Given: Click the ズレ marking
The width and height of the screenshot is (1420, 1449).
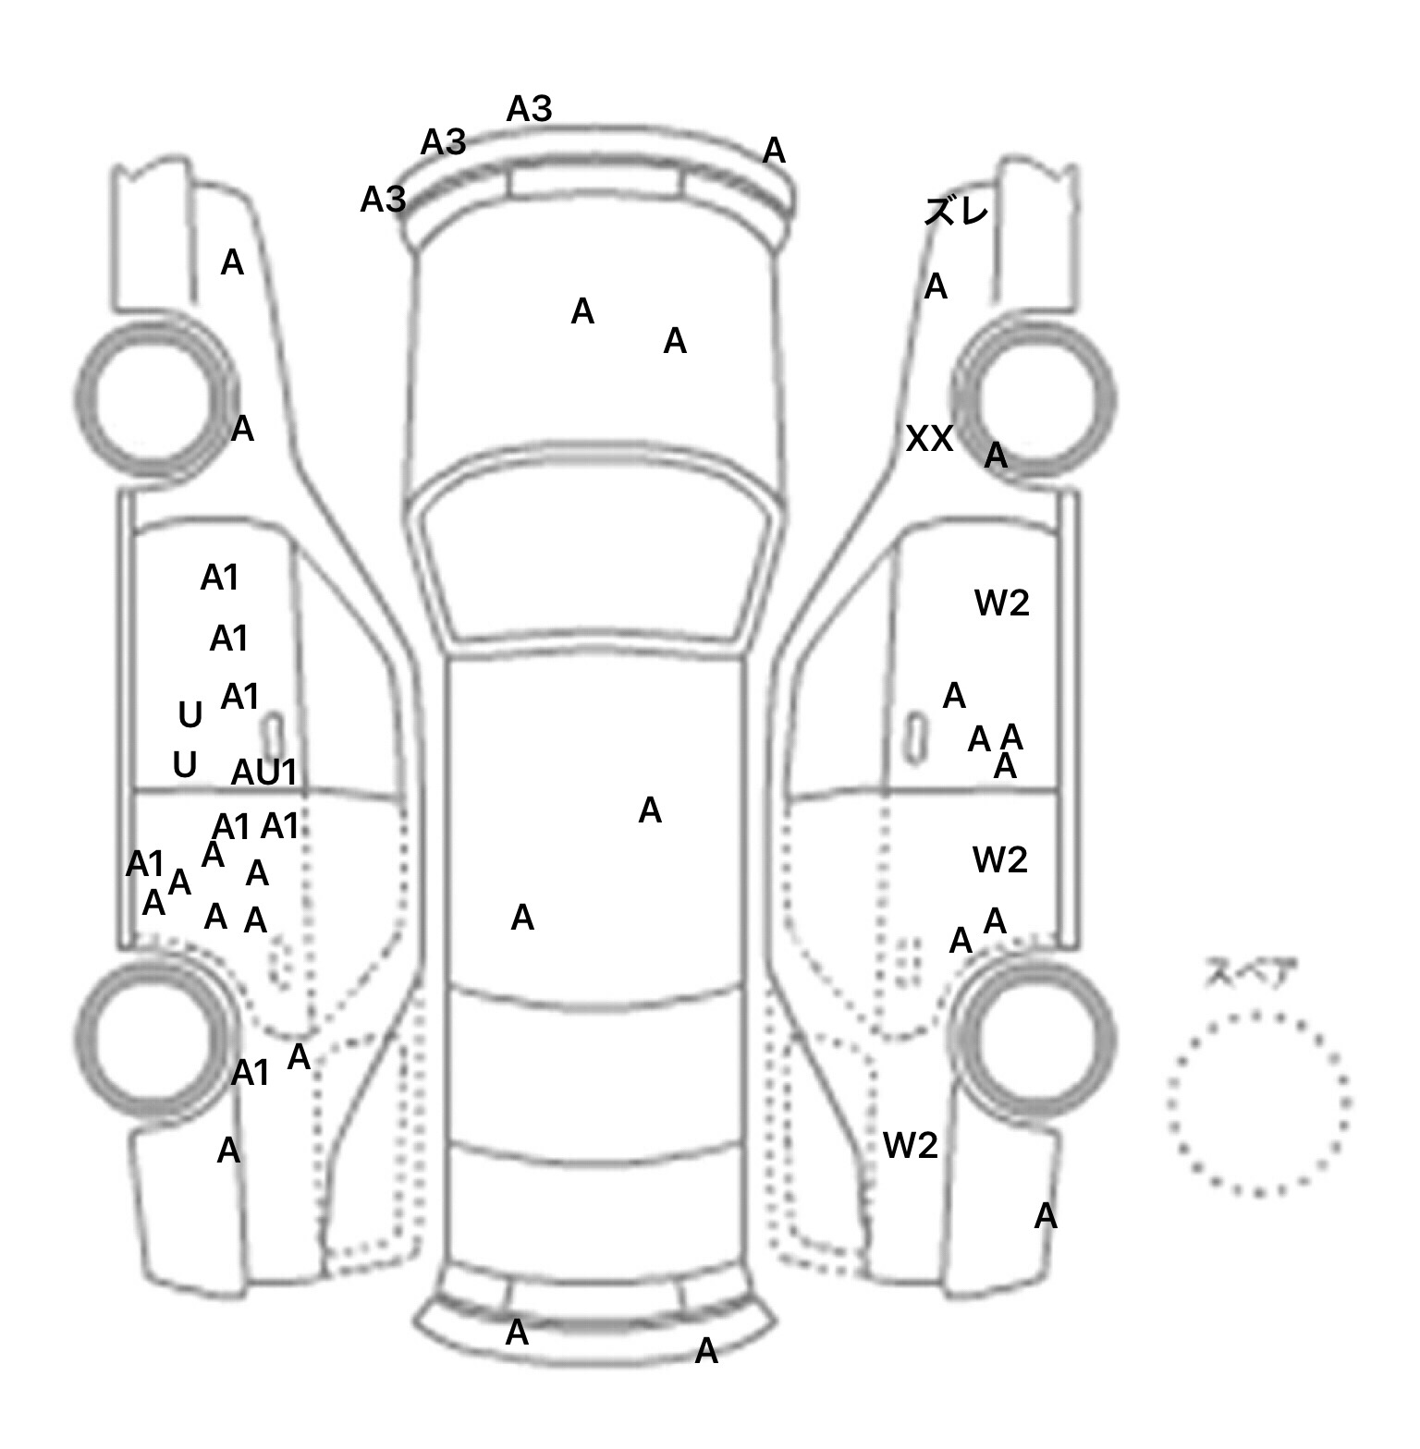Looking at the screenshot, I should point(956,213).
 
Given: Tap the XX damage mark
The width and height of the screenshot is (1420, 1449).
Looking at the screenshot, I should point(929,439).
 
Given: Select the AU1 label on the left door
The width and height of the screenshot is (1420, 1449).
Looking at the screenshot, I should point(264,773).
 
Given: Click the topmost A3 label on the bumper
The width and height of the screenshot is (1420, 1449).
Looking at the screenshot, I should point(529,110).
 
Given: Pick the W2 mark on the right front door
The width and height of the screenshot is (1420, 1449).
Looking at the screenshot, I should point(1001,604).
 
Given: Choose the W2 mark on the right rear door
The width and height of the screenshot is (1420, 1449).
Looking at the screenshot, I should point(999,860).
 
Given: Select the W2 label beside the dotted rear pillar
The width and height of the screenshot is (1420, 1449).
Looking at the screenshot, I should point(910,1146).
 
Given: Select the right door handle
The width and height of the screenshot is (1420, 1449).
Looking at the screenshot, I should point(915,738).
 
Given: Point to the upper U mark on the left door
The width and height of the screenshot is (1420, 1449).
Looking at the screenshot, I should point(190,715).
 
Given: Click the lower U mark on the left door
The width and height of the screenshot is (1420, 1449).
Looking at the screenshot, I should point(185,765).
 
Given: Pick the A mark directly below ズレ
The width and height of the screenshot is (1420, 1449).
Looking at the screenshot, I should point(936,287).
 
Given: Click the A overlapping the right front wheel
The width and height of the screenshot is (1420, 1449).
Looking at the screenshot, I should point(995,456).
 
